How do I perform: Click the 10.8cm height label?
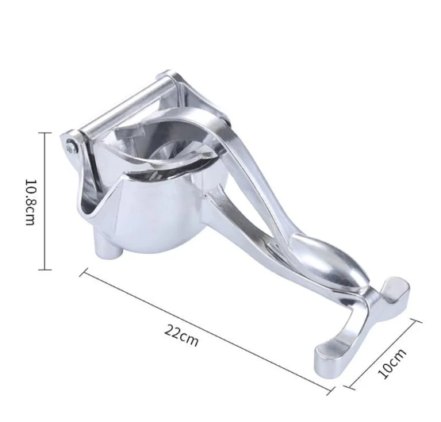(x=31, y=202)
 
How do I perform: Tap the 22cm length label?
(x=182, y=336)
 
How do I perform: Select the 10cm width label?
(x=392, y=363)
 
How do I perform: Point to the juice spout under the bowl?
(x=109, y=247)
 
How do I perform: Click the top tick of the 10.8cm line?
(x=44, y=132)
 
